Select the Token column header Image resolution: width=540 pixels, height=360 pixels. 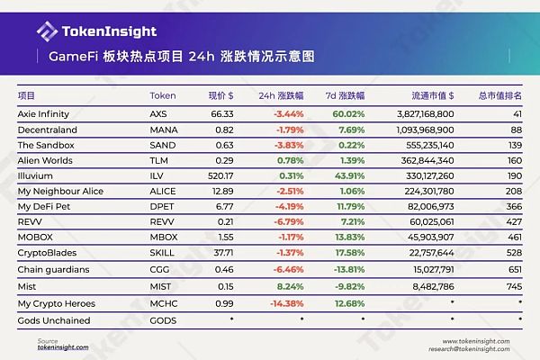pos(162,95)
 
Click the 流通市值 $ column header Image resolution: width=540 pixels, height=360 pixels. pos(428,95)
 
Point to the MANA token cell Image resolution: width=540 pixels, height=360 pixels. pos(163,130)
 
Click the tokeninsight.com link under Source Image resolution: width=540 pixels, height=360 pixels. pos(63,347)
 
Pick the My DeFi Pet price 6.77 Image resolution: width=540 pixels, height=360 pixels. pos(225,206)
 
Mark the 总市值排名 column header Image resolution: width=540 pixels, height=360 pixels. pos(500,95)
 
